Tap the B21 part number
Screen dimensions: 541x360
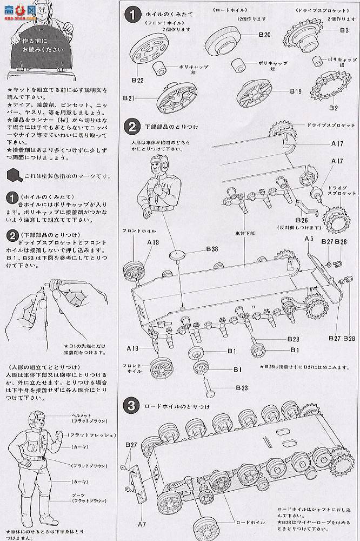pos(129,98)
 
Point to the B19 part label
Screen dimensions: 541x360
pos(295,91)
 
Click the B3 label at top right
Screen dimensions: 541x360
pos(344,30)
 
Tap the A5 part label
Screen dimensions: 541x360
pos(309,239)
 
